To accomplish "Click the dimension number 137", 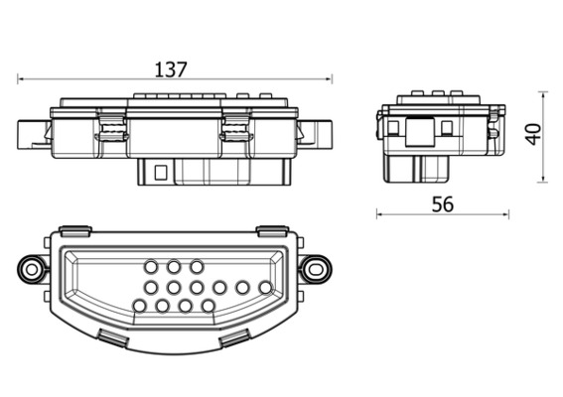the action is tap(171, 69).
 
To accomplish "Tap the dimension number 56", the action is tap(443, 204).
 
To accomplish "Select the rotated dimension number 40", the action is tap(533, 134).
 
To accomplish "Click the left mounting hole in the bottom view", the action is tap(32, 269).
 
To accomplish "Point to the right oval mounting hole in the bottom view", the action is tap(316, 269).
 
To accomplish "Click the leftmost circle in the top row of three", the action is tap(151, 267).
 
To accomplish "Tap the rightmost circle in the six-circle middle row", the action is tap(265, 288).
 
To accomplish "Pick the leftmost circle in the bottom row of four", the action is tap(139, 306).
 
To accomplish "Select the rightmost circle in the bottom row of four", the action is tap(208, 306).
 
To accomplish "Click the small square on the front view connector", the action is tap(161, 173).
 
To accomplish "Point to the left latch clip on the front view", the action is tap(111, 127).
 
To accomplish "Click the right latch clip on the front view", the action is tap(236, 127).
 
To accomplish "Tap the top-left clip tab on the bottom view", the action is tap(75, 231).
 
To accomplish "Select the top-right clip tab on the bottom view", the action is tap(272, 231).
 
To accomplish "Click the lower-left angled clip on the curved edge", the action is tap(113, 338).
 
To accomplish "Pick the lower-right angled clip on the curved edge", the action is tap(234, 338).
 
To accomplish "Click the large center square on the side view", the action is tap(419, 132).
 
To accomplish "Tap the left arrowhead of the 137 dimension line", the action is tap(20, 79).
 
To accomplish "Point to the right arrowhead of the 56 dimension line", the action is tap(506, 215).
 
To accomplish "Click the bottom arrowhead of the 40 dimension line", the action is tap(543, 179).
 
